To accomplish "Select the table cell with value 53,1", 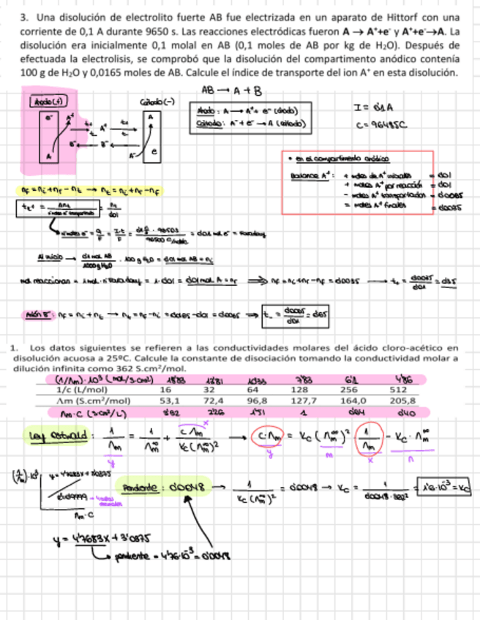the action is coord(170,401).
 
